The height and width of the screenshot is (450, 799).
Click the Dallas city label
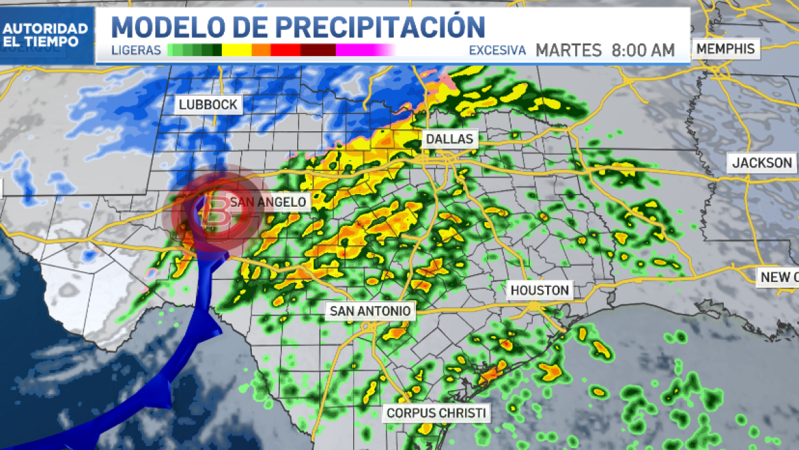(450, 139)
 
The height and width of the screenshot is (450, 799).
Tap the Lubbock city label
(208, 105)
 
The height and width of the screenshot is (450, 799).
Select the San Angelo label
(268, 201)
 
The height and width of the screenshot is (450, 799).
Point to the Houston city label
(540, 290)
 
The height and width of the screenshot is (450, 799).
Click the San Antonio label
(371, 311)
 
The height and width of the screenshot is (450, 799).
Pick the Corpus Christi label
(436, 413)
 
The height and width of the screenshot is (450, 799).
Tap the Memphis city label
(726, 49)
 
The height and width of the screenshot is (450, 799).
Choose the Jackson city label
(762, 163)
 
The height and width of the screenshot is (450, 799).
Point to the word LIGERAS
(137, 51)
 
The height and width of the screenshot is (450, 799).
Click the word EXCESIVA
(497, 51)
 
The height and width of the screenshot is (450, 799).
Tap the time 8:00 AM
(643, 51)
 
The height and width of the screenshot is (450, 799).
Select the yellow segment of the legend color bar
(237, 50)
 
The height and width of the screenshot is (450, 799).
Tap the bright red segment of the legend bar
(285, 50)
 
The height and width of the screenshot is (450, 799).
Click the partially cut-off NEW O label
(778, 277)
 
